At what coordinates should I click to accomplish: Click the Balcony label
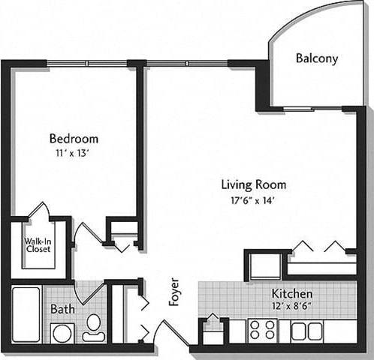click(316, 58)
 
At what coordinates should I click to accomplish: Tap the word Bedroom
click(74, 139)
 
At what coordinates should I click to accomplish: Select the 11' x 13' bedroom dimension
click(74, 152)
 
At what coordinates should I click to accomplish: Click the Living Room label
click(253, 184)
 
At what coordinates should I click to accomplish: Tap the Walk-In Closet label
click(38, 245)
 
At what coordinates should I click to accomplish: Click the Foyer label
click(174, 292)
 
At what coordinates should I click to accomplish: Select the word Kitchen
click(291, 293)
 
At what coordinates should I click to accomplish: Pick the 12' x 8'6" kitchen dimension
click(291, 306)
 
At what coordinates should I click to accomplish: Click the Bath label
click(62, 308)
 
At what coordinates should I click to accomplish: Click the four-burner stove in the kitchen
click(262, 330)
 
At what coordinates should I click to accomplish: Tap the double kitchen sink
click(306, 331)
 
